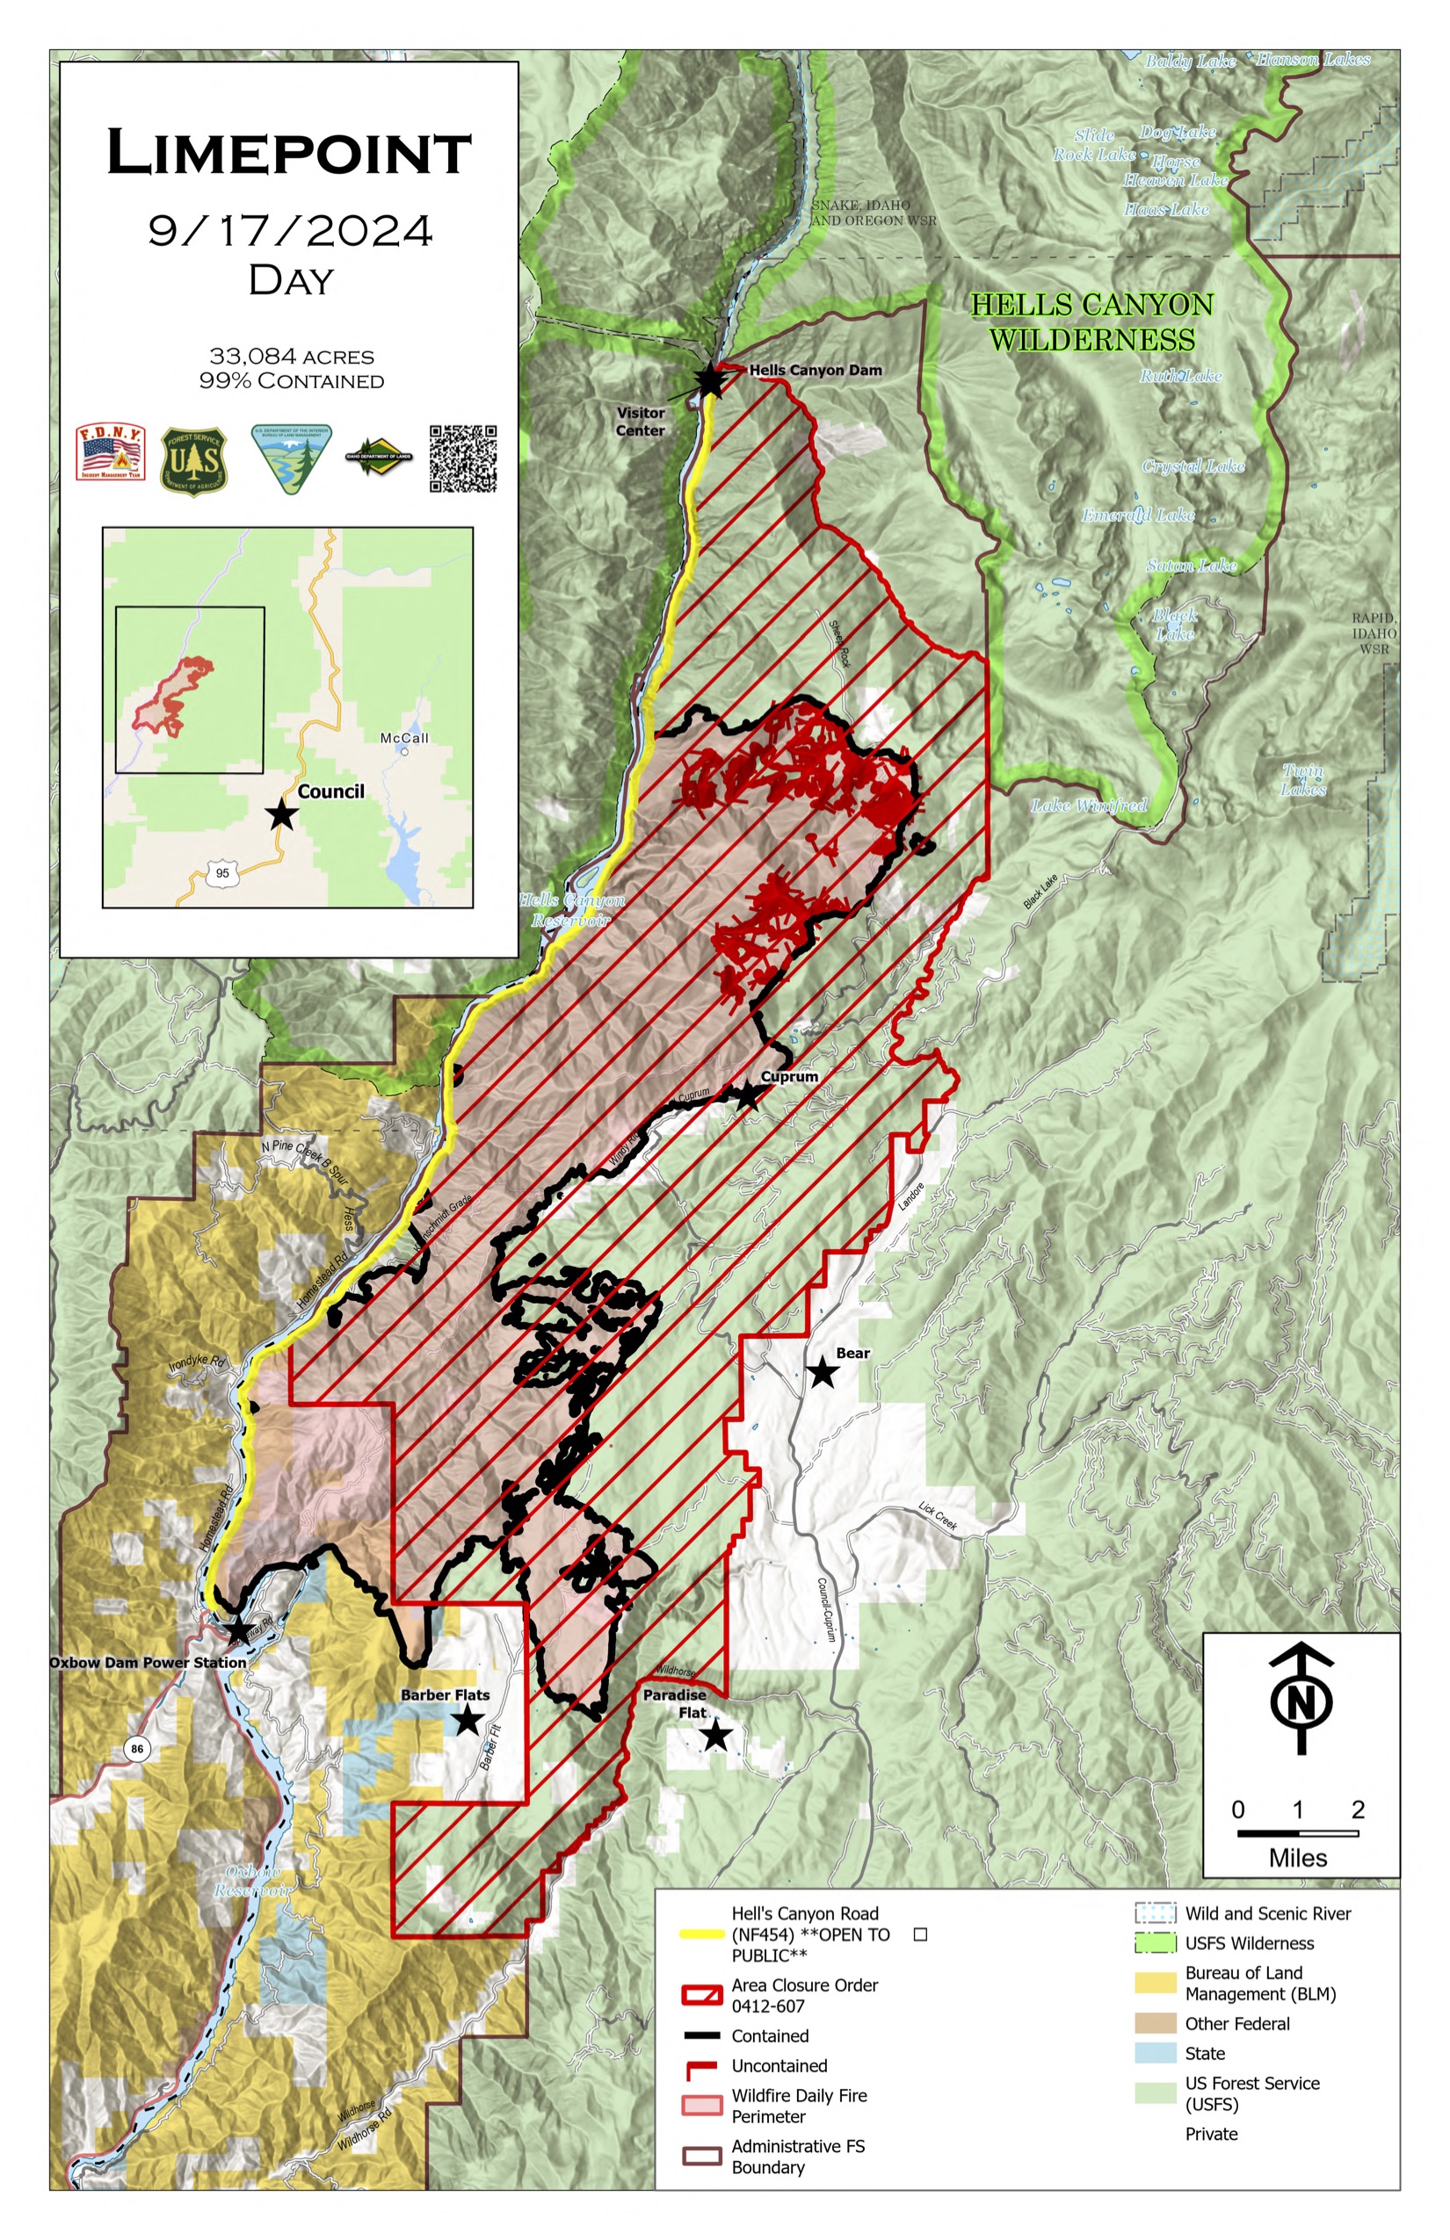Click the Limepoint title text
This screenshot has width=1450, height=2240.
coord(289,153)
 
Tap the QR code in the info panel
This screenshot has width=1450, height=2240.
coord(462,459)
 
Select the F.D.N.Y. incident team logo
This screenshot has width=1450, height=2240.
coord(110,452)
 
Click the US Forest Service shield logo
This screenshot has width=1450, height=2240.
coord(193,461)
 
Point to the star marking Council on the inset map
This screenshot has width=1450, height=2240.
coord(281,814)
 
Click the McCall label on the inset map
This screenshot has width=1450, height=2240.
coord(404,738)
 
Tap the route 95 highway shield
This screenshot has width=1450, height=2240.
coord(222,872)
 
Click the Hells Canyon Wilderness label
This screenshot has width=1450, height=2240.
coord(1092,322)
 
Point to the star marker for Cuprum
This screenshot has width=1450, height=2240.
coord(747,1095)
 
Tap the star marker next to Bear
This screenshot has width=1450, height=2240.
coord(822,1373)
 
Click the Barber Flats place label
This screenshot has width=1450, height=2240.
coord(446,1694)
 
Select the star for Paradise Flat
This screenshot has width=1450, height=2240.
coord(715,1735)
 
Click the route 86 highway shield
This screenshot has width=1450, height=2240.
coord(137,1749)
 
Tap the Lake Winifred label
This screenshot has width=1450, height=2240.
coord(1089,806)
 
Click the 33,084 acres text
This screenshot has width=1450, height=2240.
coord(291,357)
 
